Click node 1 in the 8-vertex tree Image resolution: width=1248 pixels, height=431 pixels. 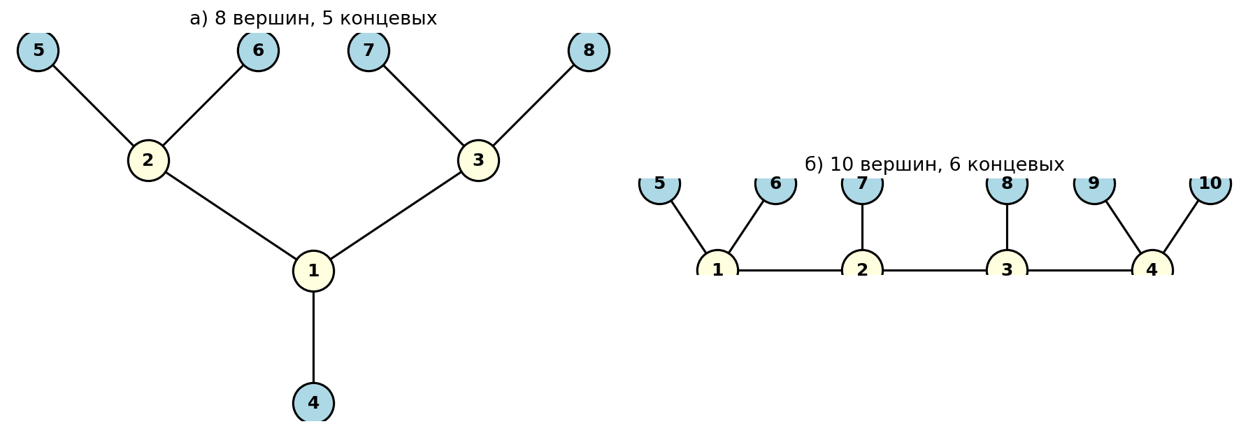pos(313,271)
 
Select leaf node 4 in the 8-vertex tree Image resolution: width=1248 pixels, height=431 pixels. pos(313,403)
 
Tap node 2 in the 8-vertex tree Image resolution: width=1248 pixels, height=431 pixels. pos(148,160)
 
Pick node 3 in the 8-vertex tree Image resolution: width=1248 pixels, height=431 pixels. pos(478,160)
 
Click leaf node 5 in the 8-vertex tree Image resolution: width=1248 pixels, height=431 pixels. pos(38,50)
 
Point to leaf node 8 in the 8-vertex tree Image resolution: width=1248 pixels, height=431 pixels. pos(589,50)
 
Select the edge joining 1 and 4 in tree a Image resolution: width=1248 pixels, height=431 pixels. pos(313,337)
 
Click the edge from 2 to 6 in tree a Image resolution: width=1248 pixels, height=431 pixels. pos(203,105)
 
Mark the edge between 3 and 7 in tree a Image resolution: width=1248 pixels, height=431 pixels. pos(424,105)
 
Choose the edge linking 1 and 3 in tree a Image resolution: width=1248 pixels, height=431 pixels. pos(396,215)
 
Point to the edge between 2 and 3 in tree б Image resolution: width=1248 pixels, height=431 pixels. pos(935,270)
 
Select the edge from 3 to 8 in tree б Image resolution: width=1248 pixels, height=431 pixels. pos(1007,227)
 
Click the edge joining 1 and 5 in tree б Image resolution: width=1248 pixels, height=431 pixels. pos(689,227)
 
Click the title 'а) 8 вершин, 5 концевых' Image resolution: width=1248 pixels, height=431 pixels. pos(313,19)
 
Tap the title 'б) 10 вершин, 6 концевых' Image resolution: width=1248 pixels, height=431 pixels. pos(934,165)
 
